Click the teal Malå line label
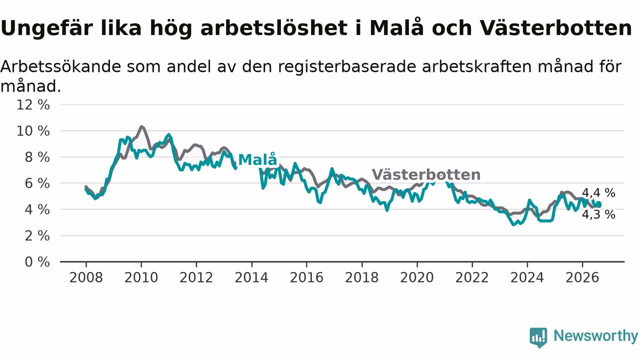point(257,159)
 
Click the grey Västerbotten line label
point(426,174)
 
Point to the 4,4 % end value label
point(598,193)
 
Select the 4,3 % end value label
point(598,214)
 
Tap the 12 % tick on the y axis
point(33,105)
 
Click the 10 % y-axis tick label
point(33,131)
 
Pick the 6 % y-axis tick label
point(37,183)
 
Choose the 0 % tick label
point(37,262)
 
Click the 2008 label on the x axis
point(86,277)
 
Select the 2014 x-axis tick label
point(251,277)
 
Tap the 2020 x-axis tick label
point(417,277)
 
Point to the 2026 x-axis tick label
point(582,277)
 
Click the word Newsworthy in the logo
point(595,335)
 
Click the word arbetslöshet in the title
point(273,28)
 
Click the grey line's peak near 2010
point(141,126)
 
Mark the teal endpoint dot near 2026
point(598,204)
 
